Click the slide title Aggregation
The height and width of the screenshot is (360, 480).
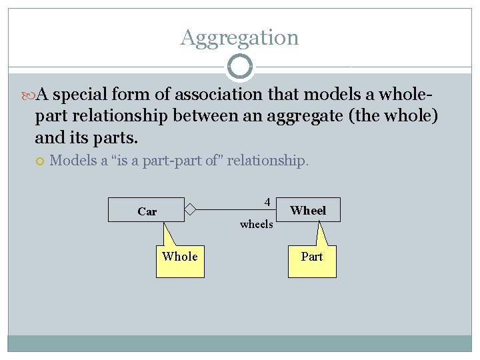coord(239,37)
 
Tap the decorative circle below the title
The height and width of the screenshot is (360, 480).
coord(239,67)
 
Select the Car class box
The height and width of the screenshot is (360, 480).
coord(147,211)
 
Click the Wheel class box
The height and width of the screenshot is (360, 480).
coord(308,210)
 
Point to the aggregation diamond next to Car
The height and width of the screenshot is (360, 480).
coord(190,210)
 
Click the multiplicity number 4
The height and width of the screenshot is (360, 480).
coord(267,201)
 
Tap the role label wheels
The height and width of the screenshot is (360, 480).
coord(256,224)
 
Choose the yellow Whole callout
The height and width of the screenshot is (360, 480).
coord(180,259)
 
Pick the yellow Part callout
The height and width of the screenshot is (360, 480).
coord(312,259)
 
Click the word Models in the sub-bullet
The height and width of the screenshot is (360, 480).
coord(73,161)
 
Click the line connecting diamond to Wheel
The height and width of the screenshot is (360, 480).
coord(227,210)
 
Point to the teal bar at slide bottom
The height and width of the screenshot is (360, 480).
coord(239,343)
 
